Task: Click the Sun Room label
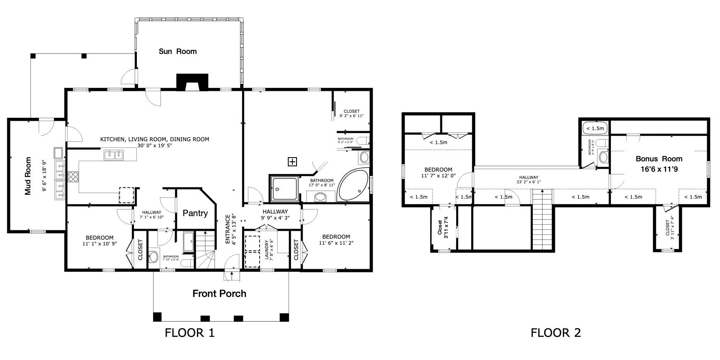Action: click(178, 51)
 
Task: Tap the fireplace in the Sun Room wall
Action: click(192, 82)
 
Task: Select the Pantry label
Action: click(195, 213)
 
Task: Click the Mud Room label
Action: click(28, 176)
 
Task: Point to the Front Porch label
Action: click(219, 294)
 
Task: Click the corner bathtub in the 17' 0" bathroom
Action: click(353, 185)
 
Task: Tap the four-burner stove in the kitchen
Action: click(73, 177)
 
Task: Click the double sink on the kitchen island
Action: click(113, 155)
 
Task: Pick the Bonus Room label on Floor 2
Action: click(659, 159)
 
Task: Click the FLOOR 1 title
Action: click(190, 333)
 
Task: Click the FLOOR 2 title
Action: click(556, 333)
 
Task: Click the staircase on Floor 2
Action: click(543, 220)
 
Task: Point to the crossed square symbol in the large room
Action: click(292, 162)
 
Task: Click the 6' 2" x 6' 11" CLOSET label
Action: click(351, 113)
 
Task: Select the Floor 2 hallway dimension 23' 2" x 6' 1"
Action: click(528, 182)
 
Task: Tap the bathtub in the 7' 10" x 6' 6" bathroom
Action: click(188, 242)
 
